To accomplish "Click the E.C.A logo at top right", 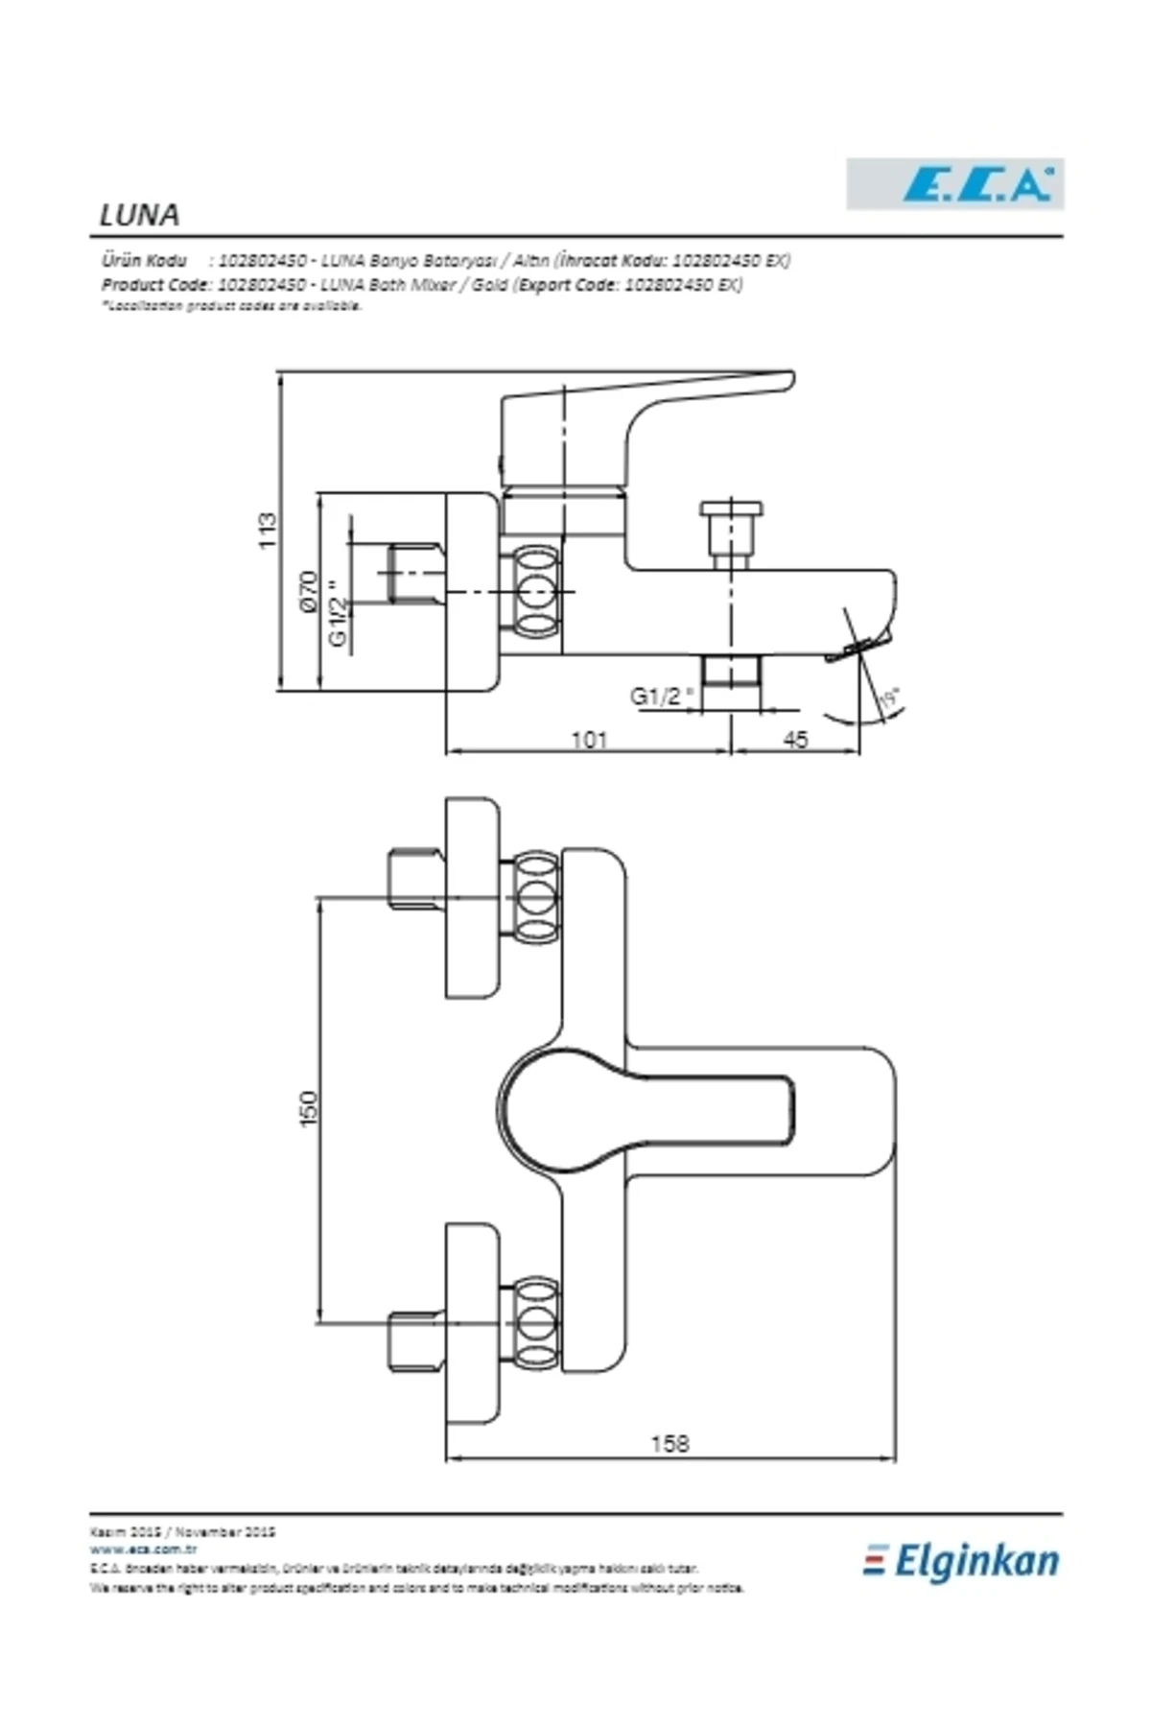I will pyautogui.click(x=954, y=184).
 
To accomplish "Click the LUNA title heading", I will pyautogui.click(x=139, y=215).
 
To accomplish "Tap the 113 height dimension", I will pyautogui.click(x=268, y=531).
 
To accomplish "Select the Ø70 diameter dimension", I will pyautogui.click(x=308, y=591).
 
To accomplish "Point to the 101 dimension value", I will pyautogui.click(x=589, y=740).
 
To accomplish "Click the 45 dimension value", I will pyautogui.click(x=795, y=740).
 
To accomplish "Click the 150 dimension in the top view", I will pyautogui.click(x=308, y=1108).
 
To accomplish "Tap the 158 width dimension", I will pyautogui.click(x=669, y=1443).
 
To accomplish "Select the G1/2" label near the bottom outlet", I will pyautogui.click(x=661, y=696).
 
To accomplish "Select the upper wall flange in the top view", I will pyautogui.click(x=472, y=898).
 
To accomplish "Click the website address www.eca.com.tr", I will pyautogui.click(x=144, y=1549).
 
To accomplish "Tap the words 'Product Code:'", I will pyautogui.click(x=154, y=285).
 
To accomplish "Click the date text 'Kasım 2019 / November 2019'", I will pyautogui.click(x=183, y=1532).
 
